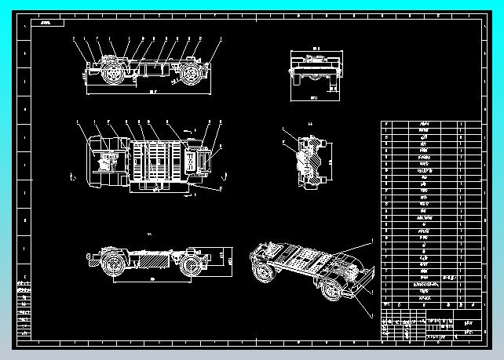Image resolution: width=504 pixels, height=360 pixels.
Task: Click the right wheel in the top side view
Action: [x=188, y=75]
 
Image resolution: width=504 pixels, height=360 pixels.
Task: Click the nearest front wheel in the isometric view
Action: [x=333, y=291]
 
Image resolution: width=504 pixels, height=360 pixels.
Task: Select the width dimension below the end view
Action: [x=313, y=98]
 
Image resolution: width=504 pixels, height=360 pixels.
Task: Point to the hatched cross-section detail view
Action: [x=306, y=161]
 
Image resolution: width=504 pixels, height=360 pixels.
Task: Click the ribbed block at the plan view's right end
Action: [x=203, y=162]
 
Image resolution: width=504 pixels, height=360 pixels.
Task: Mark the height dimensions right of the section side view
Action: [x=228, y=258]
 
